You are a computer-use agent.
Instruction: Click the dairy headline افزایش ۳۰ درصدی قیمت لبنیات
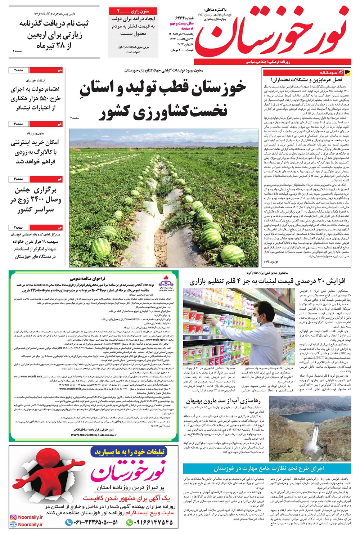[x=267, y=281]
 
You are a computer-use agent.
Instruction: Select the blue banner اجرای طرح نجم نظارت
[x=267, y=468]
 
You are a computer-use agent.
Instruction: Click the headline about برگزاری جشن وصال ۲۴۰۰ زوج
[x=36, y=200]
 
